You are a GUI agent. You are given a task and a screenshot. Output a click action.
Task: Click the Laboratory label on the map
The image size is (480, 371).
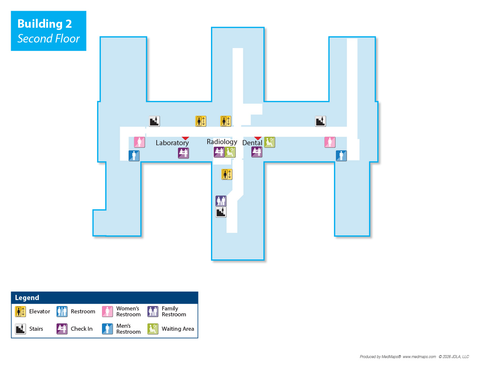pyautogui.click(x=172, y=143)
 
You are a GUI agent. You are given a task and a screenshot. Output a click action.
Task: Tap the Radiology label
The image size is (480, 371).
pyautogui.click(x=222, y=142)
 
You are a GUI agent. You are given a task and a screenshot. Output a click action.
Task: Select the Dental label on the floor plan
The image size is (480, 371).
pyautogui.click(x=252, y=143)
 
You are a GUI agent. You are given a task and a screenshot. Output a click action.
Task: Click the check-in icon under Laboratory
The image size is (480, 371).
pyautogui.click(x=183, y=153)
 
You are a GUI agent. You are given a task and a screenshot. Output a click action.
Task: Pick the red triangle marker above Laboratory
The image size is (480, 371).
pyautogui.click(x=185, y=138)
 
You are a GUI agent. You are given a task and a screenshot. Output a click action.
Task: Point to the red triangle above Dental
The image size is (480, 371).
pyautogui.click(x=258, y=138)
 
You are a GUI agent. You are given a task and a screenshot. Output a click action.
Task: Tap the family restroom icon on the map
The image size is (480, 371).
pyautogui.click(x=221, y=201)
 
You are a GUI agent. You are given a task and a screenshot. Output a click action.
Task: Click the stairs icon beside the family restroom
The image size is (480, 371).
pyautogui.click(x=221, y=212)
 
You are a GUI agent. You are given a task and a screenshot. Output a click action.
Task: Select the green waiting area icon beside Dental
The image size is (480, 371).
pyautogui.click(x=269, y=142)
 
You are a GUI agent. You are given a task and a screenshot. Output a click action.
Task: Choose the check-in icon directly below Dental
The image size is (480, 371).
pyautogui.click(x=257, y=152)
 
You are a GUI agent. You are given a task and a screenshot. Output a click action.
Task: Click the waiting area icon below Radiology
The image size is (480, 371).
pyautogui.click(x=230, y=152)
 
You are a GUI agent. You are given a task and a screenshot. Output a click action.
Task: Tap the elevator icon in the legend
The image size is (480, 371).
pyautogui.click(x=20, y=312)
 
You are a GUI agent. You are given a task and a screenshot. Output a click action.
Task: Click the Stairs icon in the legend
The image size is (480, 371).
pyautogui.click(x=20, y=329)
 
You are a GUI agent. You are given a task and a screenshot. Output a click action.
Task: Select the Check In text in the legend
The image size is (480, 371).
pyautogui.click(x=82, y=329)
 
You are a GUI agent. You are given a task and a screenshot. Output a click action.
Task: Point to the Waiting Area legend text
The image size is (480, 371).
pyautogui.click(x=178, y=329)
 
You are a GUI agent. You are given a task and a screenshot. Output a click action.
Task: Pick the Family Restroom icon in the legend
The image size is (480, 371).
pyautogui.click(x=153, y=312)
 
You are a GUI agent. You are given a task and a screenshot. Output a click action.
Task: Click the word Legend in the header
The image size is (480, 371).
pyautogui.click(x=27, y=298)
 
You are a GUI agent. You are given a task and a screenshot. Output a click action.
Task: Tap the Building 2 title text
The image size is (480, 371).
pyautogui.click(x=44, y=24)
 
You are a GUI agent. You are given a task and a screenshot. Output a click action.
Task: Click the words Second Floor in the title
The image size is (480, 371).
pyautogui.click(x=48, y=39)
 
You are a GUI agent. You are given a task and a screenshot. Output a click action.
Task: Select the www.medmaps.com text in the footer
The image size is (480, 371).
pyautogui.click(x=419, y=357)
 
